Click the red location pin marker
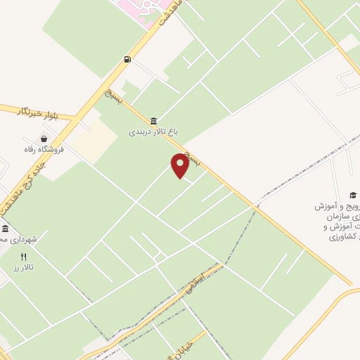click(x=180, y=165)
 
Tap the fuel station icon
click(x=127, y=59)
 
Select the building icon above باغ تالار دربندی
click(x=153, y=121)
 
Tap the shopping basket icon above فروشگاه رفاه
click(x=45, y=139)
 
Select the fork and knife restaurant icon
click(x=23, y=257)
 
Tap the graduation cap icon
click(x=352, y=195)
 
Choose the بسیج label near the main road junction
click(x=113, y=95)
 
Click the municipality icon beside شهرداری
click(x=5, y=229)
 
